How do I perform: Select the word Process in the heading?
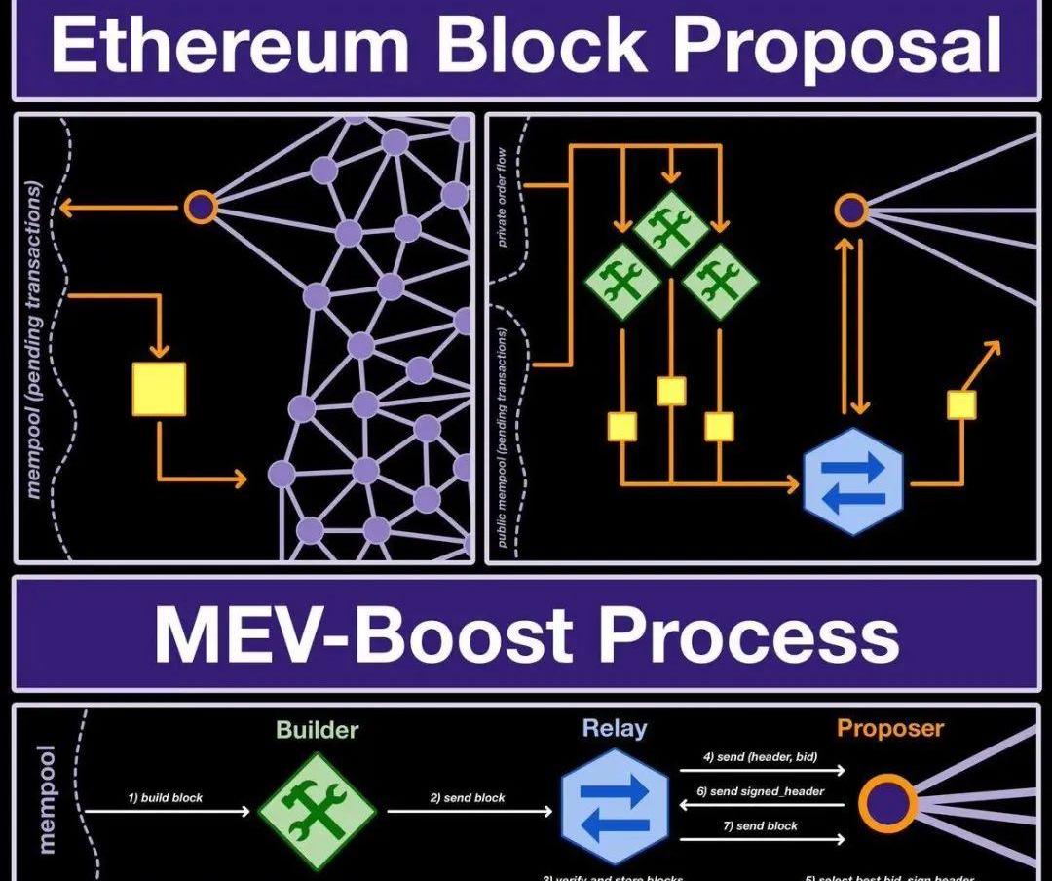(x=749, y=634)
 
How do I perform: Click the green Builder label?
(x=317, y=730)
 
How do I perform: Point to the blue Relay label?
(x=614, y=728)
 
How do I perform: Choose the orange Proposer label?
(x=890, y=728)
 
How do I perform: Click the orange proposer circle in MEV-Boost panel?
(x=887, y=803)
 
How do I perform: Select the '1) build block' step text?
(x=166, y=797)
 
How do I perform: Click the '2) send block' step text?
(x=468, y=797)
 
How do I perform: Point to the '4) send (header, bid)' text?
(x=760, y=757)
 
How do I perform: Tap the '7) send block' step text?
(x=760, y=825)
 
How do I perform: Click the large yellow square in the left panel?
(x=159, y=389)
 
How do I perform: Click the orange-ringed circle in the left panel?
(x=200, y=207)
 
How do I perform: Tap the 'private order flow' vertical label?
(x=504, y=209)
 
